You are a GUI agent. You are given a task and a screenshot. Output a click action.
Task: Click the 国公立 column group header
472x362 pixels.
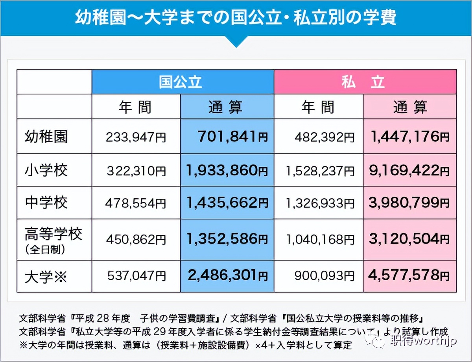pos(183,82)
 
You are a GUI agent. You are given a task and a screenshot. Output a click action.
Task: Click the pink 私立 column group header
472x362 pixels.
pos(365,82)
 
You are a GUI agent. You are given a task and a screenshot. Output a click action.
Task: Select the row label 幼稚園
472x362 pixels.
pos(46,137)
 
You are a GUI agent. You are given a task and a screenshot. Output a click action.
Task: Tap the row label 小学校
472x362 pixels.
pos(46,170)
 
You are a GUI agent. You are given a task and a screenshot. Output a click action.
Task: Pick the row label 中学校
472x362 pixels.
pos(46,203)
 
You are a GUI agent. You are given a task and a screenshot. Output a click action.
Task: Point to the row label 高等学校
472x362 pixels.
pos(53,235)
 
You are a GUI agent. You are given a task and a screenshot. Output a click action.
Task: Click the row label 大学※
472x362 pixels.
pos(46,277)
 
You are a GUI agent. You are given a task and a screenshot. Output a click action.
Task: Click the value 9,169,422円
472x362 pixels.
pos(409,170)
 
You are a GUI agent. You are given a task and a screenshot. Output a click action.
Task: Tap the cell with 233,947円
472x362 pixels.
pos(136,137)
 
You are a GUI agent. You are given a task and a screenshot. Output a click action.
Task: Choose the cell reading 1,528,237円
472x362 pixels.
pos(318,171)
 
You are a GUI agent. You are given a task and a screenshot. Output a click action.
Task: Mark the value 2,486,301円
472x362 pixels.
pos(228,276)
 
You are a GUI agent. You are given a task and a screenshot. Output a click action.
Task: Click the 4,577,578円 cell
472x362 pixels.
pos(409,276)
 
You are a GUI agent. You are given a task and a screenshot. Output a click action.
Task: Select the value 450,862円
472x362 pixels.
pos(136,239)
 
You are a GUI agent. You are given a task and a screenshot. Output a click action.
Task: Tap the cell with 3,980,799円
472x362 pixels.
pos(409,203)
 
